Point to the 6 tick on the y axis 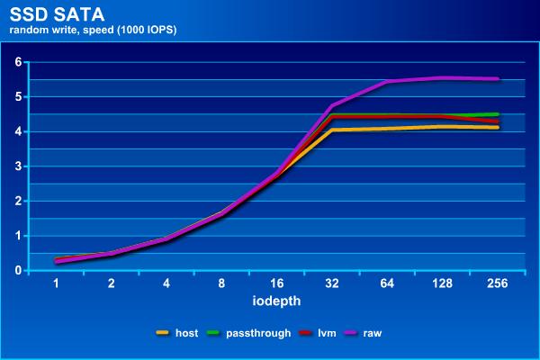[17, 62]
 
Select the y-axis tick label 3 [17, 166]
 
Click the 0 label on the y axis [17, 270]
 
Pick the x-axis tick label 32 [333, 283]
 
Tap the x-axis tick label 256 [498, 283]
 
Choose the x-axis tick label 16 [277, 283]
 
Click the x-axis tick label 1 [57, 283]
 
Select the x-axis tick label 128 [443, 283]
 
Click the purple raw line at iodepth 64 [388, 82]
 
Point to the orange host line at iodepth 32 [333, 130]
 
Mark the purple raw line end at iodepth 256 [498, 79]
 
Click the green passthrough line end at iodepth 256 [498, 114]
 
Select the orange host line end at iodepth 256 [498, 128]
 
